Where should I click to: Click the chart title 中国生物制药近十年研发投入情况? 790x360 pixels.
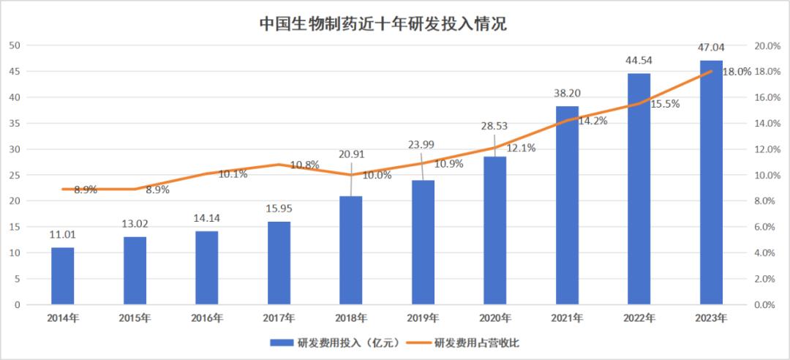click(383, 23)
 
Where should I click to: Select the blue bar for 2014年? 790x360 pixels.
click(63, 276)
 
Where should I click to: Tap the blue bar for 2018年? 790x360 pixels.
click(351, 250)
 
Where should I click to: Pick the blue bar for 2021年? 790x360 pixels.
click(567, 206)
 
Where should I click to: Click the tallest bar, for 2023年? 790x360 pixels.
click(711, 183)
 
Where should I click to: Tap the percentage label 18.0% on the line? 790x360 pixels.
click(737, 72)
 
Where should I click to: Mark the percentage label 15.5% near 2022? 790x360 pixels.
click(665, 104)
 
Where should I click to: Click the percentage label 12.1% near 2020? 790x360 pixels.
click(521, 148)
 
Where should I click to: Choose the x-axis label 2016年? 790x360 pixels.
click(206, 318)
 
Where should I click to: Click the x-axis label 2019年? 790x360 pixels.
click(423, 318)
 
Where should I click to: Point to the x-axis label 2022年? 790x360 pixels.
click(639, 318)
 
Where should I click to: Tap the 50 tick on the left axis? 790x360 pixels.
click(14, 45)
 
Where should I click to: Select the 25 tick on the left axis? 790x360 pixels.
click(14, 175)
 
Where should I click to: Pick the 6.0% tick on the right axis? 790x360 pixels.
click(766, 227)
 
